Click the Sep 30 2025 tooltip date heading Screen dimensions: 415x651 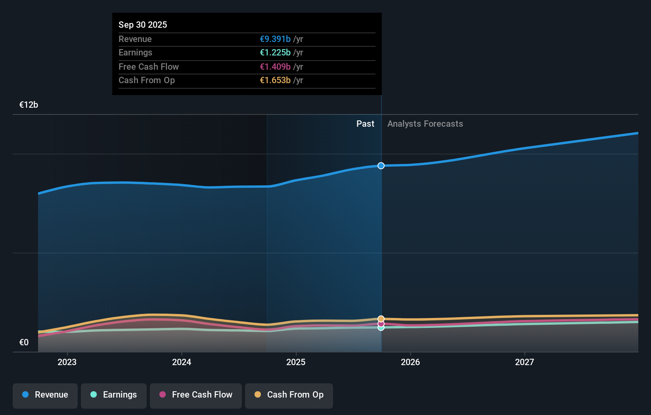coord(143,25)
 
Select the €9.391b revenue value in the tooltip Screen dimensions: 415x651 coord(275,39)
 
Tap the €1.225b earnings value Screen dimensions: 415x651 coord(275,52)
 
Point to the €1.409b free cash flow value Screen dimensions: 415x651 coord(275,67)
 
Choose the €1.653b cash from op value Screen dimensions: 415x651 coord(275,80)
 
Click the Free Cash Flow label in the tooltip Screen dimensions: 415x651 coord(149,67)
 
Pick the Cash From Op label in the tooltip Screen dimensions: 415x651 coord(147,80)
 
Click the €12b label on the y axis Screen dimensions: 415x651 coord(29,105)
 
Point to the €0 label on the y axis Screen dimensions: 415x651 coord(24,342)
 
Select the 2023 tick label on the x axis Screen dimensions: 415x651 coord(67,362)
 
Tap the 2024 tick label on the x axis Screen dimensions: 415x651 coord(182,362)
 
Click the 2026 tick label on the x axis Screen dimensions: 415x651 coord(410,362)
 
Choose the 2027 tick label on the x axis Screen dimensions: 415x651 coord(525,362)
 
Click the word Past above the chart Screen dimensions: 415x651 coord(365,124)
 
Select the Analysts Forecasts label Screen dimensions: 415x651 coord(425,124)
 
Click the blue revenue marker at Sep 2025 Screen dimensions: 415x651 coord(381,166)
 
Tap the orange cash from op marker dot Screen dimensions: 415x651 coord(381,319)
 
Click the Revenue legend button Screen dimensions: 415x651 coord(45,395)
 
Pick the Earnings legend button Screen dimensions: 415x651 coord(114,395)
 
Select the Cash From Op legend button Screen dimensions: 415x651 coord(289,395)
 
